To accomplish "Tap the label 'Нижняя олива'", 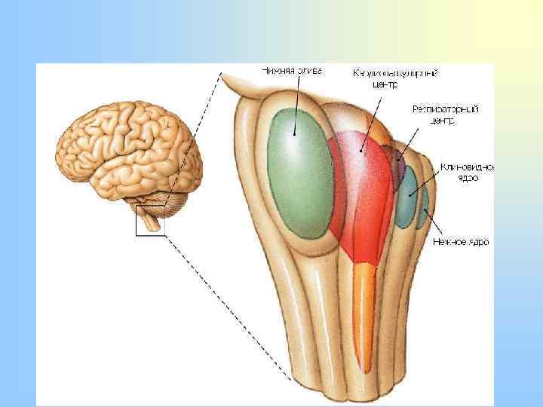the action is point(292,72).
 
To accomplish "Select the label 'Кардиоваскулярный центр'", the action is point(395,78).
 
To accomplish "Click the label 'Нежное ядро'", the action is point(460,242).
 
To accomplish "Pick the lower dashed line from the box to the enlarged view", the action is point(226,309).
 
